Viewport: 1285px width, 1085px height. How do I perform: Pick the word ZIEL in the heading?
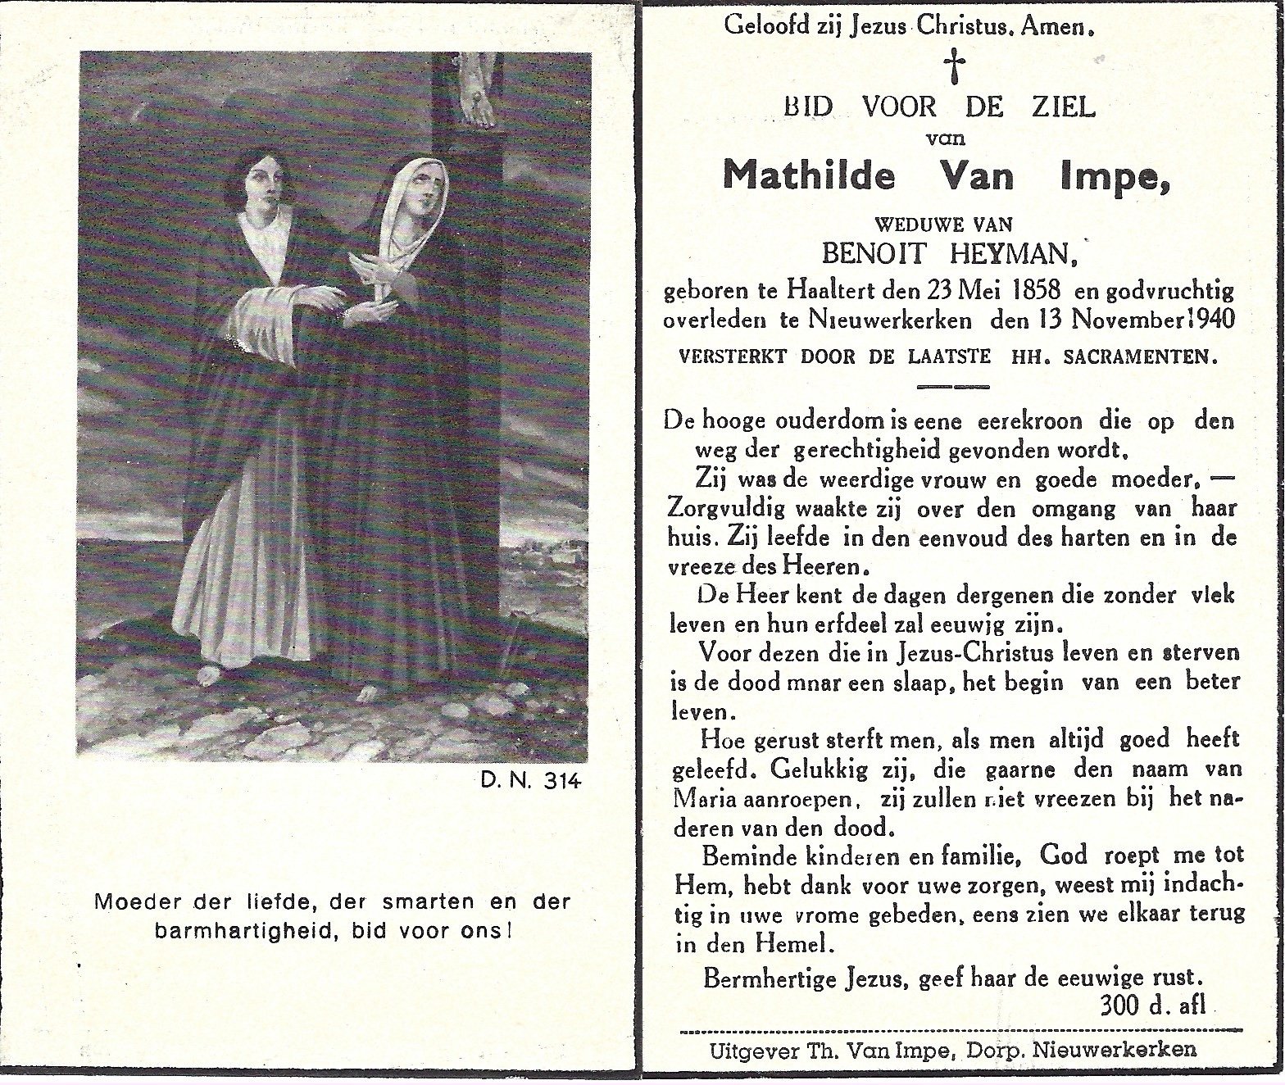coord(1064,107)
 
